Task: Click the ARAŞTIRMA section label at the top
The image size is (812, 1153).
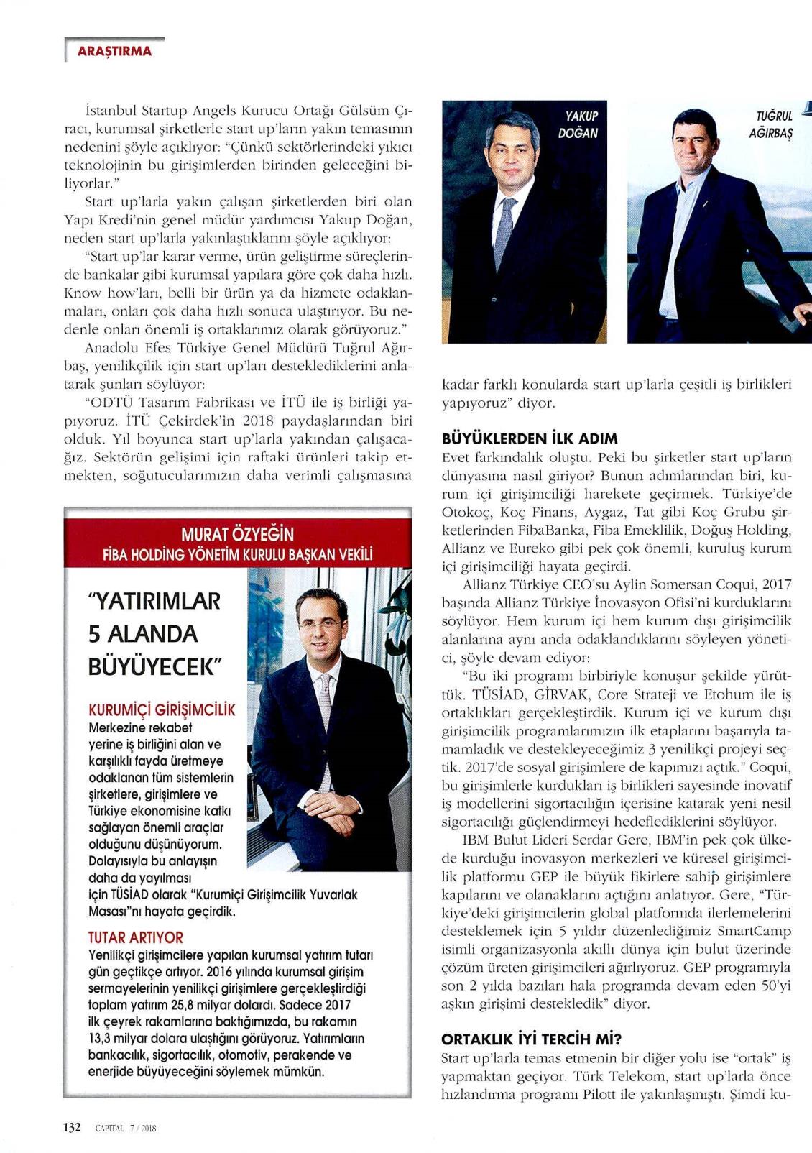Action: tap(114, 51)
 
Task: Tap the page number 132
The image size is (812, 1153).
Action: tap(72, 1127)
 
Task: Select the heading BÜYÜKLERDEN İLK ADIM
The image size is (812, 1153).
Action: tap(530, 438)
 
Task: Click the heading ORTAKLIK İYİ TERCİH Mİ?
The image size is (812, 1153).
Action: tap(531, 1039)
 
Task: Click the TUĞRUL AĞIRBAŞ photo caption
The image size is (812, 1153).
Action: tap(773, 124)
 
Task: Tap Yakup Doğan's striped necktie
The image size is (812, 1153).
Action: tap(505, 230)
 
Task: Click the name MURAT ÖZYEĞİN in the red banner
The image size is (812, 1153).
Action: tap(237, 534)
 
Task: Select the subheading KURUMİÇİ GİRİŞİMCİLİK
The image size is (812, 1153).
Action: tap(162, 710)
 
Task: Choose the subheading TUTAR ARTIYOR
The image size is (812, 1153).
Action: tap(135, 937)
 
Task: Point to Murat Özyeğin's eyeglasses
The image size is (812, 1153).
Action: tap(320, 623)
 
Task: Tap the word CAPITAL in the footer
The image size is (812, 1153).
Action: tap(109, 1128)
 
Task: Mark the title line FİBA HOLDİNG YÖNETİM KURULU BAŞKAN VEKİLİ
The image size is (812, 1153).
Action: tap(237, 555)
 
